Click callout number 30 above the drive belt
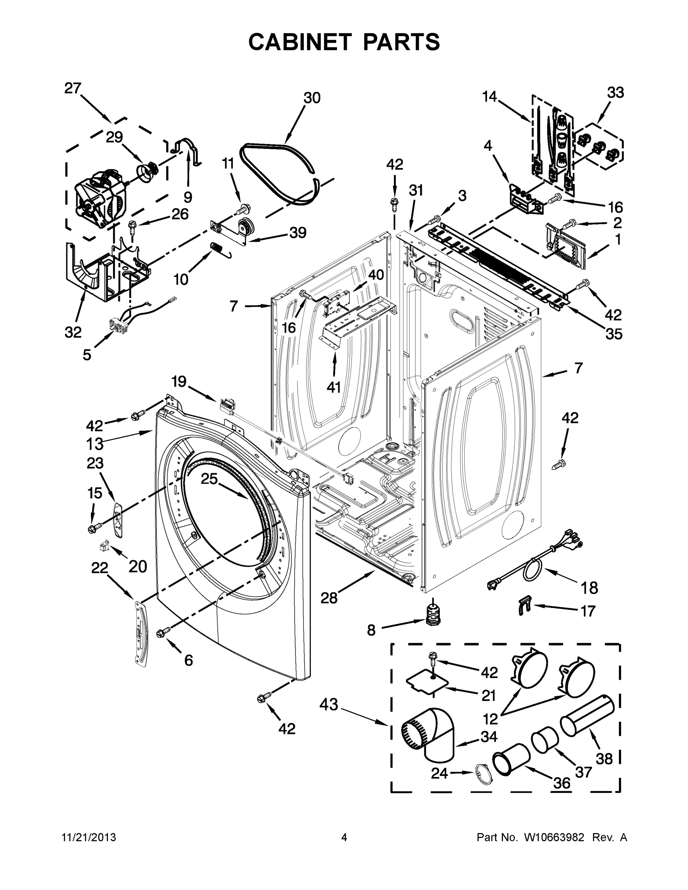pos(312,98)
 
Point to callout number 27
pos(73,88)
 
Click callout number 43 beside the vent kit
pos(329,704)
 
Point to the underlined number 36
pos(561,782)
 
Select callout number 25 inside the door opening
pos(209,478)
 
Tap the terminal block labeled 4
pos(526,200)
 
